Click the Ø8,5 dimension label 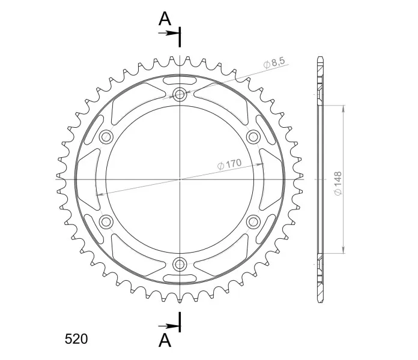coord(274,63)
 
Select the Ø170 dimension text coord(229,164)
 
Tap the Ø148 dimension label coord(338,184)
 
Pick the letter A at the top coord(165,19)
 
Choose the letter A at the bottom coord(165,340)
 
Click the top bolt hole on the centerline coord(180,94)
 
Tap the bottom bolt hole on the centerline coord(180,264)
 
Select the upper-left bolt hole coord(106,137)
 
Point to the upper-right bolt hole coord(253,137)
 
